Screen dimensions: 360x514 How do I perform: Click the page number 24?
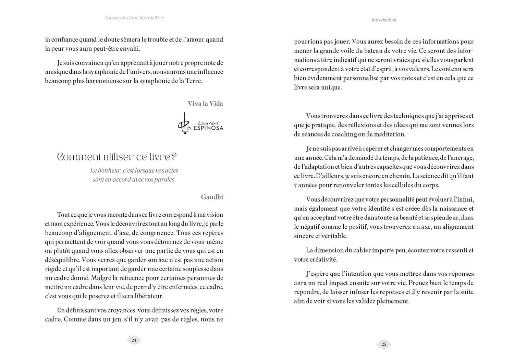point(134,340)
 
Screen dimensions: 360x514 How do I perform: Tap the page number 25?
point(384,344)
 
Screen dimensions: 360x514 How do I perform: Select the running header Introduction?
point(383,20)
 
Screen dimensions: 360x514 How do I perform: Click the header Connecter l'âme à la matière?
point(134,18)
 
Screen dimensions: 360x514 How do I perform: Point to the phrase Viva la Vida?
point(205,104)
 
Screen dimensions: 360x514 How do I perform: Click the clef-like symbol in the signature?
point(184,124)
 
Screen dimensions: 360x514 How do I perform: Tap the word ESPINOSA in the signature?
point(210,128)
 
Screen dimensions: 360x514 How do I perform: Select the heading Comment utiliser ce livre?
point(117,157)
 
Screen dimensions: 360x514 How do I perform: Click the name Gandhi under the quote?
point(212,197)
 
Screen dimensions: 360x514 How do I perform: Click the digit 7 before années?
point(295,185)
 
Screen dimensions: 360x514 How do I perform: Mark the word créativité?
point(323,259)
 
